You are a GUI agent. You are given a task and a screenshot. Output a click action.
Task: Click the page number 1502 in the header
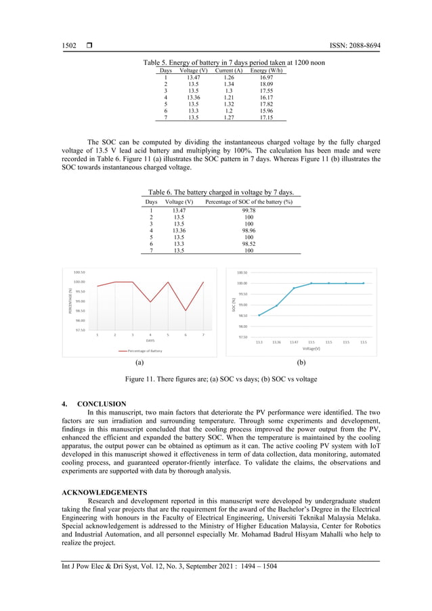[70, 45]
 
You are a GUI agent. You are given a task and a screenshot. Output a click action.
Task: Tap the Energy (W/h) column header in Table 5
[266, 70]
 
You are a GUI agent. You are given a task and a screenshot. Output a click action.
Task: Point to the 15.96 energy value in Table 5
[266, 110]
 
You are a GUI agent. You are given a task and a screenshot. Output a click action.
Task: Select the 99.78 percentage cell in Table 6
[249, 211]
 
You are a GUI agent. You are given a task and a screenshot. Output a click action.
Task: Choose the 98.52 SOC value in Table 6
[249, 244]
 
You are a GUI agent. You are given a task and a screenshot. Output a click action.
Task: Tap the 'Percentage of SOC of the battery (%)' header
[249, 202]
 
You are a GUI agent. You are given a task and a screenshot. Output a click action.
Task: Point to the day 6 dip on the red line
[186, 311]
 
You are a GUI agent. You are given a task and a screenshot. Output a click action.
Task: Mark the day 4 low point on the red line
[150, 302]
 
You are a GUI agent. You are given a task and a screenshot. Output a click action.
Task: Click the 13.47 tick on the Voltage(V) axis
[294, 342]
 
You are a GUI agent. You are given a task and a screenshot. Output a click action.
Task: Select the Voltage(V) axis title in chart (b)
[311, 348]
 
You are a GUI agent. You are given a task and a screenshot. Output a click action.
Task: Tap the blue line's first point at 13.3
[259, 315]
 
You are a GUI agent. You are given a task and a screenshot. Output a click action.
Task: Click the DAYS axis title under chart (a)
[150, 340]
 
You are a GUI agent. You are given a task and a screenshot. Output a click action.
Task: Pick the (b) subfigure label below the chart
[302, 363]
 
